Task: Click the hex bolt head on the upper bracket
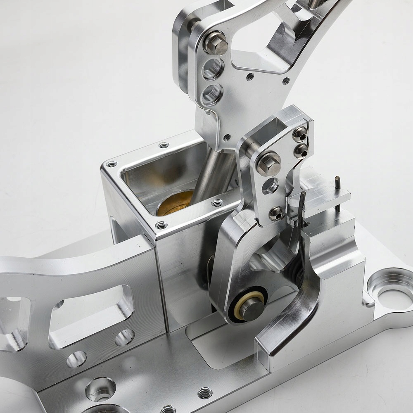(215, 43)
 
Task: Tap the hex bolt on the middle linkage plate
(269, 163)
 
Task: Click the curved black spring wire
(304, 223)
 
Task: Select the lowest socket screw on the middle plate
(276, 214)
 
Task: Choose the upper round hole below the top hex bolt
(213, 69)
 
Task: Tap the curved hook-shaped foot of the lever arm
(289, 318)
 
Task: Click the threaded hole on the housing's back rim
(164, 145)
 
